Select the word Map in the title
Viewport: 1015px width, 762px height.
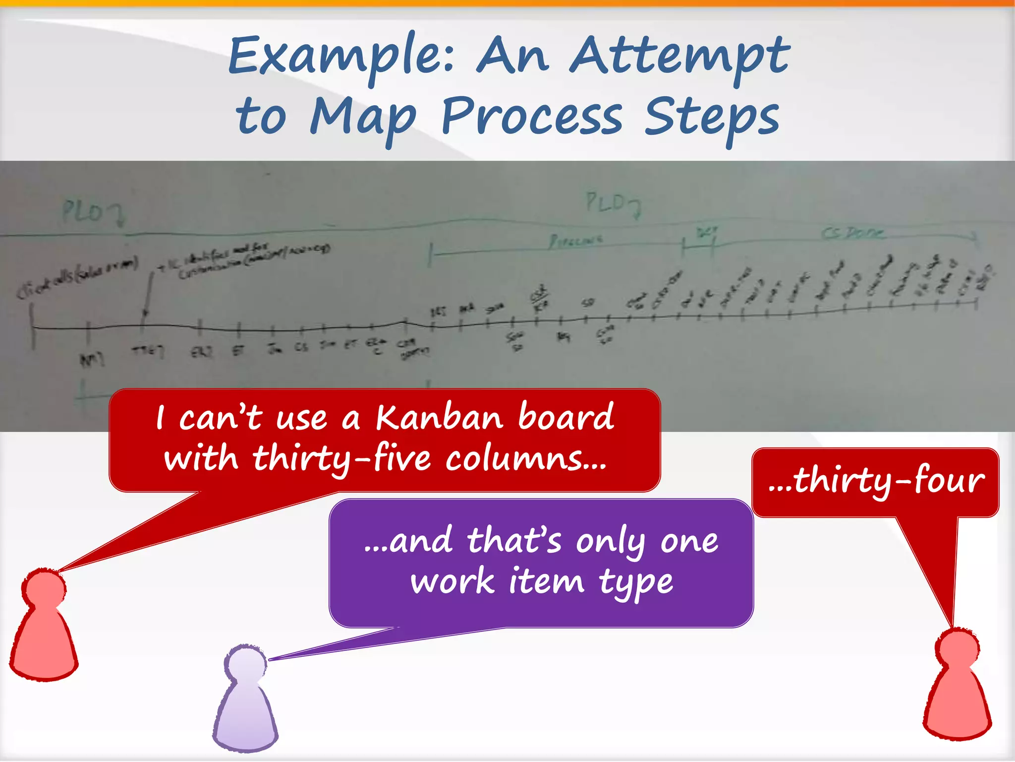coord(363,118)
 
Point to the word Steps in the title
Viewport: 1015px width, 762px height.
coord(712,118)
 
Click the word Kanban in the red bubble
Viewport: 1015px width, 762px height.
coord(439,417)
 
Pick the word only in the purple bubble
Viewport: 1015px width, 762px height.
coord(610,542)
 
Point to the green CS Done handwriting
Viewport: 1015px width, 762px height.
coord(852,233)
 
